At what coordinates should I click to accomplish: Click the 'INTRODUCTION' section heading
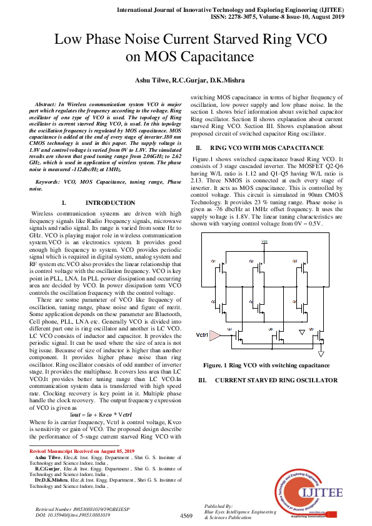pyautogui.click(x=109, y=203)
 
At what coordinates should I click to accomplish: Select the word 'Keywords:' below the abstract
pyautogui.click(x=49, y=181)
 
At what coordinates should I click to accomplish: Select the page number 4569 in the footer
pyautogui.click(x=186, y=516)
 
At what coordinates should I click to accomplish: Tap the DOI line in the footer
pyautogui.click(x=74, y=515)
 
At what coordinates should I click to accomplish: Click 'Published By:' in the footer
pyautogui.click(x=219, y=505)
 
